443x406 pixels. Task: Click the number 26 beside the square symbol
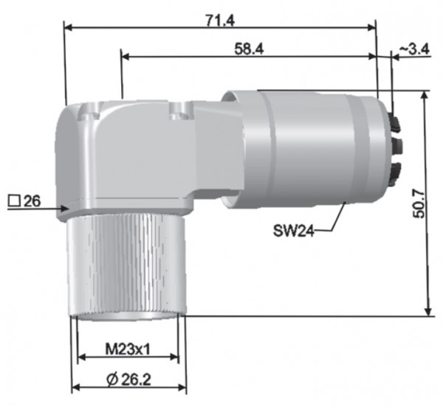coord(31,200)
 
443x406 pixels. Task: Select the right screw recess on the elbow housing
coord(178,112)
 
